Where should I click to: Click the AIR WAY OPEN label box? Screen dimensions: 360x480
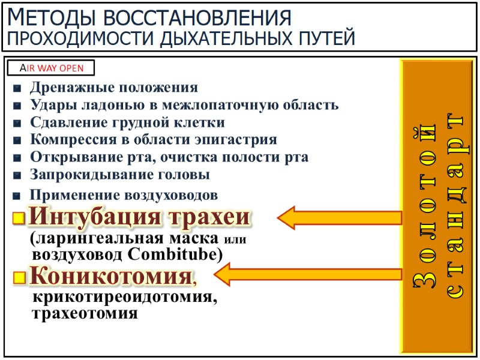[51, 68]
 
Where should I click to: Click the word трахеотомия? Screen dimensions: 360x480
[85, 313]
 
